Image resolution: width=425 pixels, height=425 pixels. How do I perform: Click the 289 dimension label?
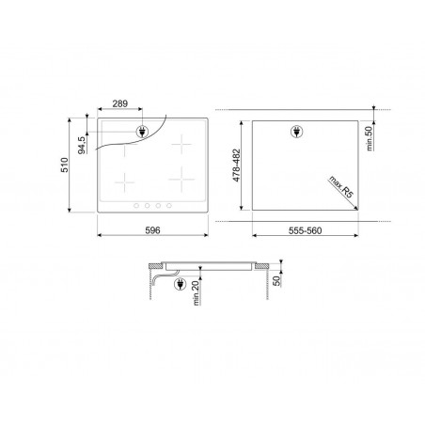(x=120, y=103)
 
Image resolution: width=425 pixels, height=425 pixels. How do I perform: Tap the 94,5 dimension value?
(x=82, y=145)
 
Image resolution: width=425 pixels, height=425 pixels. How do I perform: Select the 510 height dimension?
(x=65, y=165)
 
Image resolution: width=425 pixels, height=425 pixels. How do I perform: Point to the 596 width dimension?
(x=152, y=230)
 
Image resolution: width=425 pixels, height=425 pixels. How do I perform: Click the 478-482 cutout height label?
(x=236, y=165)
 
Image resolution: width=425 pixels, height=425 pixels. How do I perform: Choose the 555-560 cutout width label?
(x=305, y=230)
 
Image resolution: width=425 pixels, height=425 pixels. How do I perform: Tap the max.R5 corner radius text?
(x=340, y=186)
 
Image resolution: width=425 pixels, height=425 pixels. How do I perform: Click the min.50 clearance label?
(x=370, y=138)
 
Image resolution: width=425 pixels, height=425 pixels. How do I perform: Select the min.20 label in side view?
(x=196, y=293)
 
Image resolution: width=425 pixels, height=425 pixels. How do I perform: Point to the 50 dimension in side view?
(x=277, y=281)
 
